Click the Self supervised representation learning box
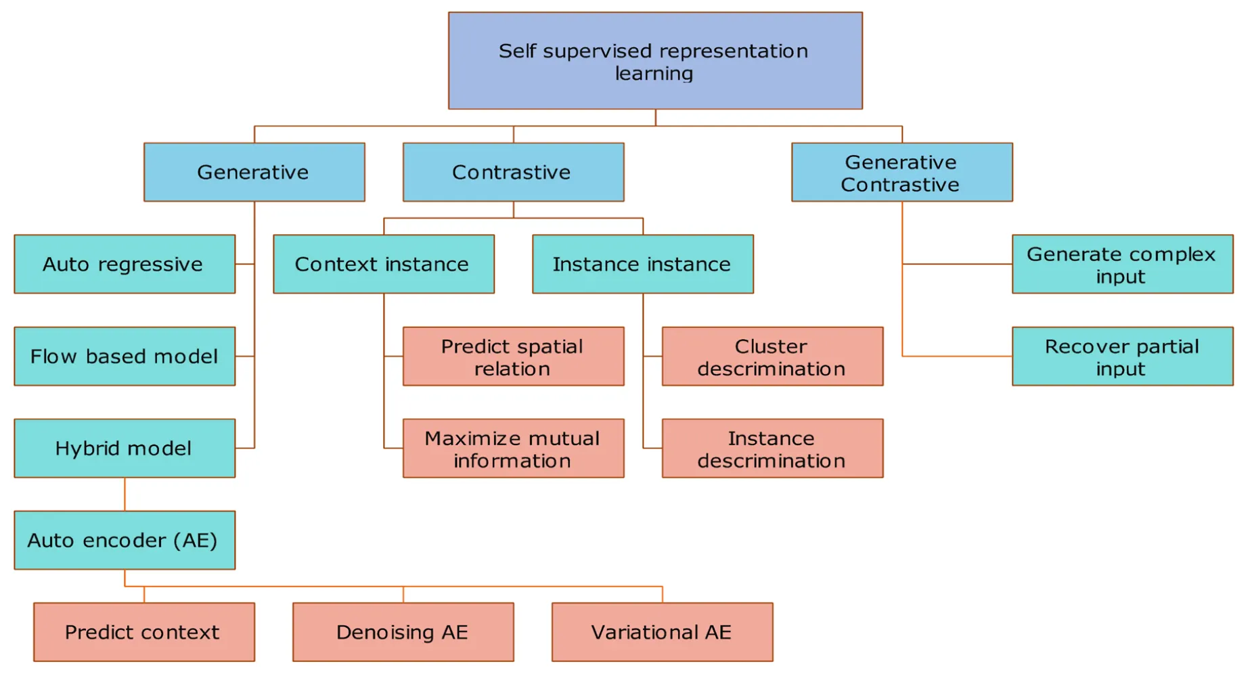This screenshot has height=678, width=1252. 654,61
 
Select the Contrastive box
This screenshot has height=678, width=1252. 513,172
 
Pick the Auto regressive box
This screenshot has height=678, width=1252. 125,264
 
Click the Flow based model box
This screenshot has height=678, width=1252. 125,357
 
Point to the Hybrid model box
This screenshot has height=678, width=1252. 125,448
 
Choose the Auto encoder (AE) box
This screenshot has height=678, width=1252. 125,540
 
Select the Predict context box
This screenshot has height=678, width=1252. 143,632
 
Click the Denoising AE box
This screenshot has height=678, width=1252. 403,632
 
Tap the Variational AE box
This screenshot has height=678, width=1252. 662,632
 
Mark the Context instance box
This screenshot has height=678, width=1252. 383,264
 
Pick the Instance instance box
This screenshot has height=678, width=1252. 642,264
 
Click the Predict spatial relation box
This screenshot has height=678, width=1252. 513,357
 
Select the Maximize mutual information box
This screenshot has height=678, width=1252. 513,448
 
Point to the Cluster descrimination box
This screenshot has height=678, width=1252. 772,357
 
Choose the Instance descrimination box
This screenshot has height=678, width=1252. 772,448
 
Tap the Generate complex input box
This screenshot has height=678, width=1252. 1122,264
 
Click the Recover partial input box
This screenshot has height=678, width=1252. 1122,357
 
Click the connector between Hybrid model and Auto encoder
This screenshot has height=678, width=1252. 125,494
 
